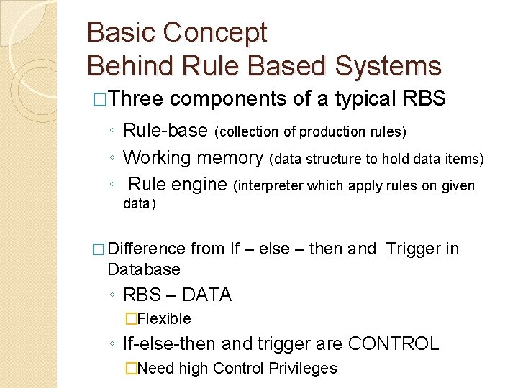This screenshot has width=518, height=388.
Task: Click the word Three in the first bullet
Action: pyautogui.click(x=136, y=98)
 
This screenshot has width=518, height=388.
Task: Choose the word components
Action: pyautogui.click(x=230, y=98)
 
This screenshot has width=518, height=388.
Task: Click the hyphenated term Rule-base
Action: pyautogui.click(x=167, y=131)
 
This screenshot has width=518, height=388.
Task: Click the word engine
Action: pyautogui.click(x=199, y=185)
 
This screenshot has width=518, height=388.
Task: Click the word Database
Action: pyautogui.click(x=143, y=269)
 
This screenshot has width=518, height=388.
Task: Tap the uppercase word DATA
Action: pyautogui.click(x=207, y=295)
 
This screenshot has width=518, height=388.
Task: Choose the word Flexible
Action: pyautogui.click(x=164, y=318)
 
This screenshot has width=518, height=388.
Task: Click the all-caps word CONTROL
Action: pyautogui.click(x=393, y=343)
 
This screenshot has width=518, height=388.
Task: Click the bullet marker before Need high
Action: pyautogui.click(x=130, y=369)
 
